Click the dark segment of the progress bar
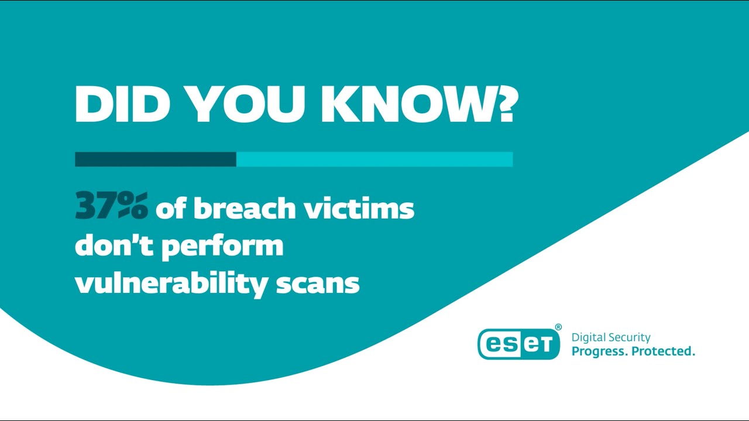155,159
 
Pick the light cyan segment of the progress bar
374,159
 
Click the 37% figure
111,207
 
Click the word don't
114,245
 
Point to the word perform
223,246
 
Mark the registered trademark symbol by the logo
558,327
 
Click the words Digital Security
611,337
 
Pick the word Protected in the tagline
664,351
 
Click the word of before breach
170,208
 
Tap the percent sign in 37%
133,207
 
